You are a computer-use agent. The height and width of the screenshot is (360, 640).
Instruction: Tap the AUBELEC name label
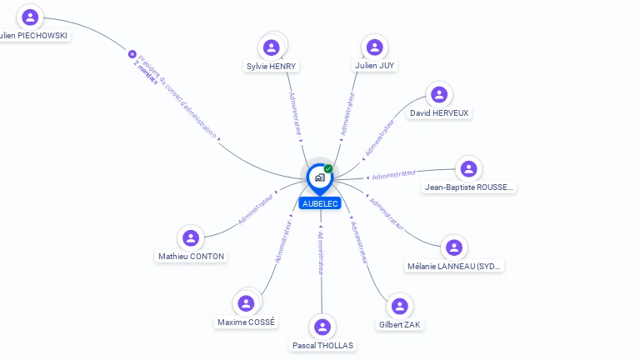click(x=321, y=203)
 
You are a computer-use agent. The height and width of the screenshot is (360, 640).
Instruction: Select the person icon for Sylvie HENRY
click(x=271, y=47)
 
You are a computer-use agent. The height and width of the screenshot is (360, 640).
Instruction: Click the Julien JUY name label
click(x=374, y=65)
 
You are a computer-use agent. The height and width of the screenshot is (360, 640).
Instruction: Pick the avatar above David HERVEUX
click(x=439, y=94)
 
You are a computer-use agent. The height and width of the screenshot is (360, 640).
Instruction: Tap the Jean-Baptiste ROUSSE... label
click(x=469, y=187)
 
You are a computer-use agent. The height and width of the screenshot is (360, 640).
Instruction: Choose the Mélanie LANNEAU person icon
click(x=453, y=247)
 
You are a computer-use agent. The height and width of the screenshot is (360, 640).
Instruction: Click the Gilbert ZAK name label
click(x=401, y=323)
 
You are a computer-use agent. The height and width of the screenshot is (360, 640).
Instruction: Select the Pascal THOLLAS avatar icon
click(x=322, y=327)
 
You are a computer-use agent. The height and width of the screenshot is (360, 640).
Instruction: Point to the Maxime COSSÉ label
click(x=246, y=322)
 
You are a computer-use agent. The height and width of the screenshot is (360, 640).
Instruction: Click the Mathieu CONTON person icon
click(x=191, y=238)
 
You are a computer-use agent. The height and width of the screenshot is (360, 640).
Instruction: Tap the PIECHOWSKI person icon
click(x=31, y=17)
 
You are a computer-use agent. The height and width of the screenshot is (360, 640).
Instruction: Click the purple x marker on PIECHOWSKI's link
click(x=132, y=54)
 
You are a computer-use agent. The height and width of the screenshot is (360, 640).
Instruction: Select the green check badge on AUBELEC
click(x=328, y=168)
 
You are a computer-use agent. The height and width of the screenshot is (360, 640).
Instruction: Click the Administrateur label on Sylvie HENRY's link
click(x=295, y=113)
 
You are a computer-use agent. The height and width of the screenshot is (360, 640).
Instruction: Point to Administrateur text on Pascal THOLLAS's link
click(x=321, y=253)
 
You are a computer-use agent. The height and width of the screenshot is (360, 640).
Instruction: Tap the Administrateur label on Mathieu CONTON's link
click(x=256, y=209)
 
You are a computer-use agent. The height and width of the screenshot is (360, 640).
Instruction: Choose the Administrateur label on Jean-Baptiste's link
click(x=393, y=175)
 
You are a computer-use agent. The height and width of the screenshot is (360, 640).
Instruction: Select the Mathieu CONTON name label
click(x=191, y=257)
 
